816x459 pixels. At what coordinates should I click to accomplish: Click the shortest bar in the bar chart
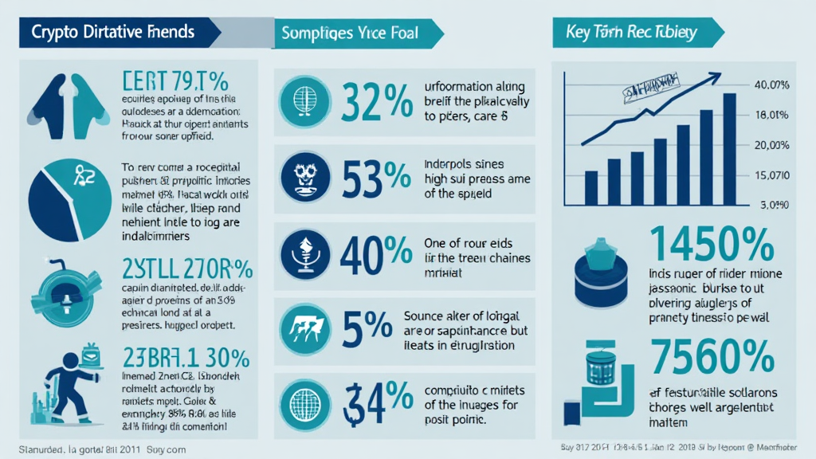pyautogui.click(x=590, y=187)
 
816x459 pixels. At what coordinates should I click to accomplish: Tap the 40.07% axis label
pyautogui.click(x=771, y=84)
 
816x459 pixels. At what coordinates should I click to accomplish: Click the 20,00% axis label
pyautogui.click(x=771, y=144)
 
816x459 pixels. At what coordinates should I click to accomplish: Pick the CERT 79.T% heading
pyautogui.click(x=176, y=81)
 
